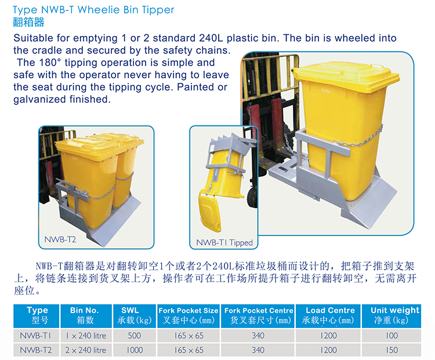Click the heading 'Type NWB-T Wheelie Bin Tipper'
93,10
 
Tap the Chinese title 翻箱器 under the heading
28,22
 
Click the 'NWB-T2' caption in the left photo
60,239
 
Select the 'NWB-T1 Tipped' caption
224,243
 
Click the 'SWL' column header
130,310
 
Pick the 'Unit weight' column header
395,310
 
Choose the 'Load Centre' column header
330,310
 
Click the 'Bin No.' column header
84,310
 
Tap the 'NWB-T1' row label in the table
35,336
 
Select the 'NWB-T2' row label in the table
35,350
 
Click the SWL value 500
135,336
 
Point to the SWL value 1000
135,350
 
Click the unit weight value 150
391,350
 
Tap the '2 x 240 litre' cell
86,350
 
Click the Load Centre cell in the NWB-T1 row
328,336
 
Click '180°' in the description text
50,63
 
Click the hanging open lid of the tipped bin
210,212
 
